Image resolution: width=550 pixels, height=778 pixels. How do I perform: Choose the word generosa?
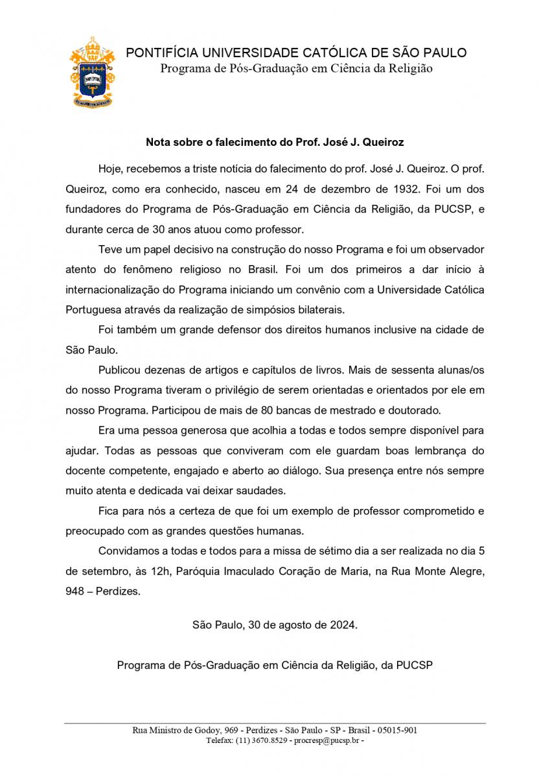[x=207, y=430]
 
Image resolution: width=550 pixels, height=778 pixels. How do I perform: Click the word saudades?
[x=267, y=490]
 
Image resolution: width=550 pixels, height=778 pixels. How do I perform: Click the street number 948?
[x=76, y=591]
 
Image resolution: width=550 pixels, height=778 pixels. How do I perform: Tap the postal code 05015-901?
[x=397, y=730]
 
